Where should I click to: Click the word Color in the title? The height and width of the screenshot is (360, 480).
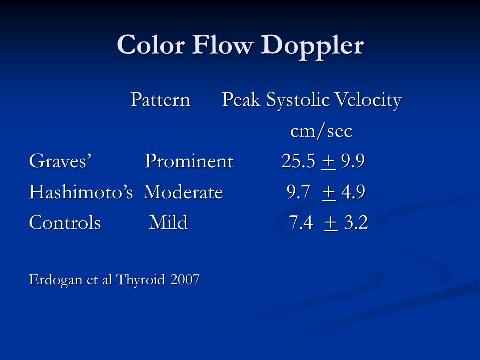(151, 45)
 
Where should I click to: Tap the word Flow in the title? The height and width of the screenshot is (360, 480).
(223, 44)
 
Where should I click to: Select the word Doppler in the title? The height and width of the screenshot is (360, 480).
(312, 47)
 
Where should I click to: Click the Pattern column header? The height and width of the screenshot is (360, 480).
(160, 100)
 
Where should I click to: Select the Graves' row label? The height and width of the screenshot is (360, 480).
(60, 161)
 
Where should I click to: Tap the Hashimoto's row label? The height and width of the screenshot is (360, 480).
(81, 191)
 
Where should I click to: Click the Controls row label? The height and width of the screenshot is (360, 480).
(65, 222)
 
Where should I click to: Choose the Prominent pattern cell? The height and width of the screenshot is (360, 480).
(189, 161)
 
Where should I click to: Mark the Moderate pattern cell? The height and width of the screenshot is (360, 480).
(183, 192)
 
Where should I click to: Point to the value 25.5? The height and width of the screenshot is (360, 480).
(298, 161)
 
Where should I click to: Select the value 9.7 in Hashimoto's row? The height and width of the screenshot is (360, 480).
(299, 192)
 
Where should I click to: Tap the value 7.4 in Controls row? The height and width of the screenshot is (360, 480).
(301, 222)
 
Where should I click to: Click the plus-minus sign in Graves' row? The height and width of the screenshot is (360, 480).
(329, 162)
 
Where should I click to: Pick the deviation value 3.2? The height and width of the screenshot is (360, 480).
(356, 222)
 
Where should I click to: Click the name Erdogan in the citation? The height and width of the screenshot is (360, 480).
(56, 280)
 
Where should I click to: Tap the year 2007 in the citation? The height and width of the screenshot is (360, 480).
(185, 280)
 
